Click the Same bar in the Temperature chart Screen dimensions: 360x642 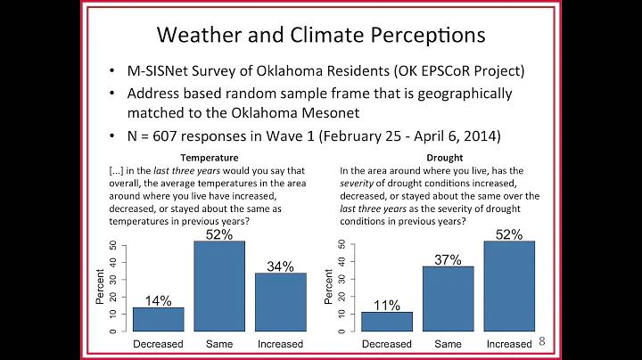click(x=219, y=285)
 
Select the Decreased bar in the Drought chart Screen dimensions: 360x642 click(x=387, y=322)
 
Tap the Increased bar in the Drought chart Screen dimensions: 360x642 click(x=510, y=285)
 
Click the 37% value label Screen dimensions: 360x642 click(x=449, y=259)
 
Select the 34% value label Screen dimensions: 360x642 click(x=281, y=266)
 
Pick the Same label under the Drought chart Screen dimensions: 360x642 click(x=449, y=344)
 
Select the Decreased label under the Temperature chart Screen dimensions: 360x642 click(x=158, y=344)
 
